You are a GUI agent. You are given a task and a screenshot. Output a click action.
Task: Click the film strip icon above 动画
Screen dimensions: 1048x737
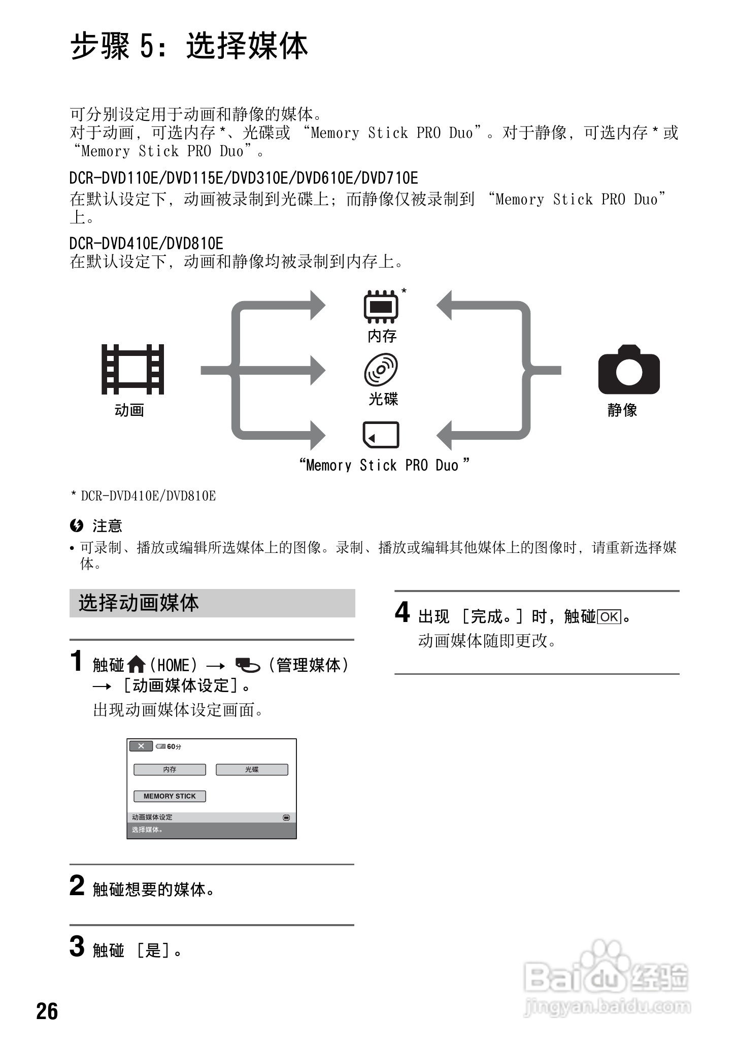click(133, 369)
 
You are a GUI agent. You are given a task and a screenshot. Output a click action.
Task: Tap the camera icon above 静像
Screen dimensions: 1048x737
click(629, 370)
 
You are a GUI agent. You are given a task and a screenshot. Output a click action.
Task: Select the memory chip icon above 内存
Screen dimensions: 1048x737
click(381, 307)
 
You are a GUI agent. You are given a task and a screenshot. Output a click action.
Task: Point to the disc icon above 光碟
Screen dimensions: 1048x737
click(381, 370)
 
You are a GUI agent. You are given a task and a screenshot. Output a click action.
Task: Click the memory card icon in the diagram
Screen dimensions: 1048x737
click(381, 435)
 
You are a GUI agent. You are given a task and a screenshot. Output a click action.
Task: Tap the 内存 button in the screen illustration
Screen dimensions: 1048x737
click(170, 770)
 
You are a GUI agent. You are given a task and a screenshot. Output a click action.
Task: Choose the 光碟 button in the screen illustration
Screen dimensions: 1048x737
click(252, 770)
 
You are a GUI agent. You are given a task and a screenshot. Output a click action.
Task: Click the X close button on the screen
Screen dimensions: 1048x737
click(141, 746)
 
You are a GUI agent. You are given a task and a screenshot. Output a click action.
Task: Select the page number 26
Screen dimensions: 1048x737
click(47, 1011)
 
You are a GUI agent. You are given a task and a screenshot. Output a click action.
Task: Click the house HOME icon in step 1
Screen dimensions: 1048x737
click(137, 664)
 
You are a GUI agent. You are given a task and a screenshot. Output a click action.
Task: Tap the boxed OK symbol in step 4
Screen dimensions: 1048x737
click(609, 617)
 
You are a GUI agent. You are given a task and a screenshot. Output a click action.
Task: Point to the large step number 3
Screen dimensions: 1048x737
click(77, 946)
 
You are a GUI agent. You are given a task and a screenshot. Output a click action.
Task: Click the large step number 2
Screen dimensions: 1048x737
click(77, 886)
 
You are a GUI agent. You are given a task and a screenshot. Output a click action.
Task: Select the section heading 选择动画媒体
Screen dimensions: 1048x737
click(139, 603)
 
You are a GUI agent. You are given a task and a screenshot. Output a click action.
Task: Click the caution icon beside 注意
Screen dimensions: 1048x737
click(77, 526)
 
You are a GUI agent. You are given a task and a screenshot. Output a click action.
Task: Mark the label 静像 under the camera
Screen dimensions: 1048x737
click(622, 410)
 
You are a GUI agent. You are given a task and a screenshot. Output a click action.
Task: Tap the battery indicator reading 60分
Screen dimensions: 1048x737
click(169, 746)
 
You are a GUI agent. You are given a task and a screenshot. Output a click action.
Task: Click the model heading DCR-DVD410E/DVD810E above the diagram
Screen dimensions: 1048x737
click(146, 243)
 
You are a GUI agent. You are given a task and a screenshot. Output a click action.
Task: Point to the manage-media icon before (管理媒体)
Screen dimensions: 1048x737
click(247, 665)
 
